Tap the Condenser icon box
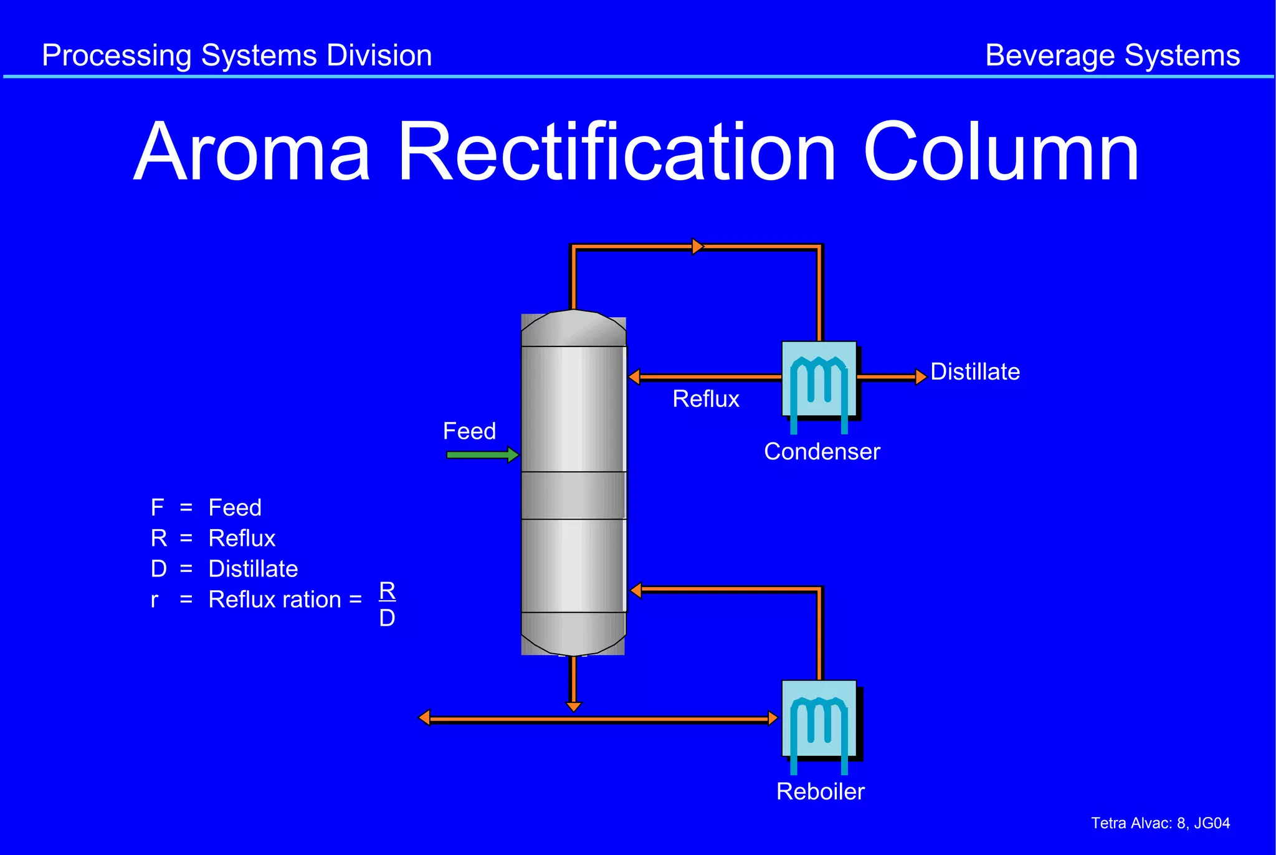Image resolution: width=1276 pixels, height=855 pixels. (x=819, y=379)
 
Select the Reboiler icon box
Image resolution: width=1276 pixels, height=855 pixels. (x=819, y=719)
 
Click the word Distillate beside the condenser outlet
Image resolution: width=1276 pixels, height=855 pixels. (x=975, y=372)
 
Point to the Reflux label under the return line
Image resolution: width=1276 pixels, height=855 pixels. (x=706, y=399)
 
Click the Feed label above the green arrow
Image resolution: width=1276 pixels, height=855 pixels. (x=469, y=431)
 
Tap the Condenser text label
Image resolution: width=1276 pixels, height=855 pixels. (x=822, y=452)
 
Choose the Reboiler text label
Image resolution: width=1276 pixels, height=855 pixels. (x=820, y=791)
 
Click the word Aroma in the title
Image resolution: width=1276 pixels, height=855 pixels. (x=252, y=153)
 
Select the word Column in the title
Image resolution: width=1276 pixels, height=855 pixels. (x=1001, y=153)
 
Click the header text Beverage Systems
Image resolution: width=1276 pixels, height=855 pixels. (x=1112, y=55)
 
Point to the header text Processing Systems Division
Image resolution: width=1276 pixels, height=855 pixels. (x=237, y=55)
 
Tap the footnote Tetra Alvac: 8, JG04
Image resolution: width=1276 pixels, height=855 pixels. (x=1160, y=823)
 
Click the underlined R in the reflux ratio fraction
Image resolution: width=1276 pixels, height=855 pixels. (x=387, y=590)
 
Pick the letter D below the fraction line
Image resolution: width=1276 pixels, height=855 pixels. (x=387, y=618)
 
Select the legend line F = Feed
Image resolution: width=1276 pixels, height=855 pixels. (x=206, y=508)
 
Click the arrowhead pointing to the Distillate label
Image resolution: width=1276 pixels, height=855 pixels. (x=921, y=376)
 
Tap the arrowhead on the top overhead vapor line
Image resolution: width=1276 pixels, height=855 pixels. (x=698, y=247)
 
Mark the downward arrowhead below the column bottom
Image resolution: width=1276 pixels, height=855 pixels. (x=573, y=707)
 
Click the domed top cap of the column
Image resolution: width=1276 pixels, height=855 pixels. (x=573, y=328)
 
